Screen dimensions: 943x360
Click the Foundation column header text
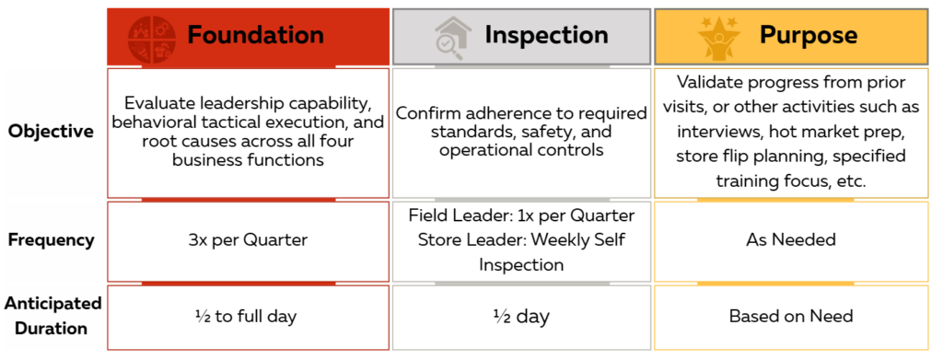pos(255,34)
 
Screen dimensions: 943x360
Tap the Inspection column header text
pos(547,35)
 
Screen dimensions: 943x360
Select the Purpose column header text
pos(809,35)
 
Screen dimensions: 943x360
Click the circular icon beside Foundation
pos(152,37)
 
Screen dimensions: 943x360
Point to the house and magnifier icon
pos(453,38)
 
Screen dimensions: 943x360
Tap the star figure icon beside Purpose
pos(718,37)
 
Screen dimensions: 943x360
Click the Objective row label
pos(51,132)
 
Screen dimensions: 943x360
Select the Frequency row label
pos(52,239)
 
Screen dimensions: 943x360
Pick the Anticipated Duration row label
pos(52,316)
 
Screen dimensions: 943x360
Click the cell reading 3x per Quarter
pos(248,240)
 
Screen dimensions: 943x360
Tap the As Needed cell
pos(791,239)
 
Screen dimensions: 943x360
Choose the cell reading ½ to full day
pos(248,317)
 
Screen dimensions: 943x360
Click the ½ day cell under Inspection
pos(521,317)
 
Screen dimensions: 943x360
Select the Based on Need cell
pos(791,316)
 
